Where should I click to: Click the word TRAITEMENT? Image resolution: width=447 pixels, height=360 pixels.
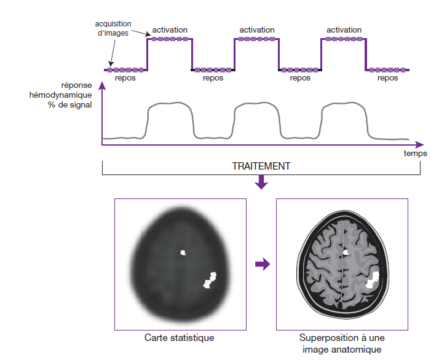pyautogui.click(x=261, y=166)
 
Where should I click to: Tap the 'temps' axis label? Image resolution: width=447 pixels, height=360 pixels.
pyautogui.click(x=415, y=153)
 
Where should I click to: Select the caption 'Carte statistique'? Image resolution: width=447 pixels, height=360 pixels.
pyautogui.click(x=180, y=338)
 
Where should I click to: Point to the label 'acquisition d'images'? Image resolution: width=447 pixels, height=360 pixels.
pyautogui.click(x=112, y=28)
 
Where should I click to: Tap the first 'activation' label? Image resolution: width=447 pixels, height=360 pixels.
pyautogui.click(x=170, y=29)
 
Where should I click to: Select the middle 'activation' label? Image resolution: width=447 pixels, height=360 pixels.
pyautogui.click(x=257, y=29)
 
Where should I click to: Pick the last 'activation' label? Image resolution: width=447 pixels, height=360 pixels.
pyautogui.click(x=344, y=29)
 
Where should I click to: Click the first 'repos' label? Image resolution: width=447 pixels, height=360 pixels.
pyautogui.click(x=125, y=79)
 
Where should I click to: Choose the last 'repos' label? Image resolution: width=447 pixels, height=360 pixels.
pyautogui.click(x=387, y=79)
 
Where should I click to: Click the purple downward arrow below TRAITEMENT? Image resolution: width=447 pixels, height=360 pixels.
pyautogui.click(x=261, y=182)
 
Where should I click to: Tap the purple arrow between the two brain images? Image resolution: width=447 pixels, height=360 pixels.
pyautogui.click(x=263, y=264)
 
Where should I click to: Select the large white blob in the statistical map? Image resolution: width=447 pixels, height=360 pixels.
pyautogui.click(x=210, y=280)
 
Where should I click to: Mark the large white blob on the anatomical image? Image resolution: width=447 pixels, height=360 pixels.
pyautogui.click(x=373, y=280)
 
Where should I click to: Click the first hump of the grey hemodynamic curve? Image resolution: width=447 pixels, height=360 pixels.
pyautogui.click(x=169, y=105)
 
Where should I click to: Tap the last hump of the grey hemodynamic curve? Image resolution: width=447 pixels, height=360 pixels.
pyautogui.click(x=344, y=105)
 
